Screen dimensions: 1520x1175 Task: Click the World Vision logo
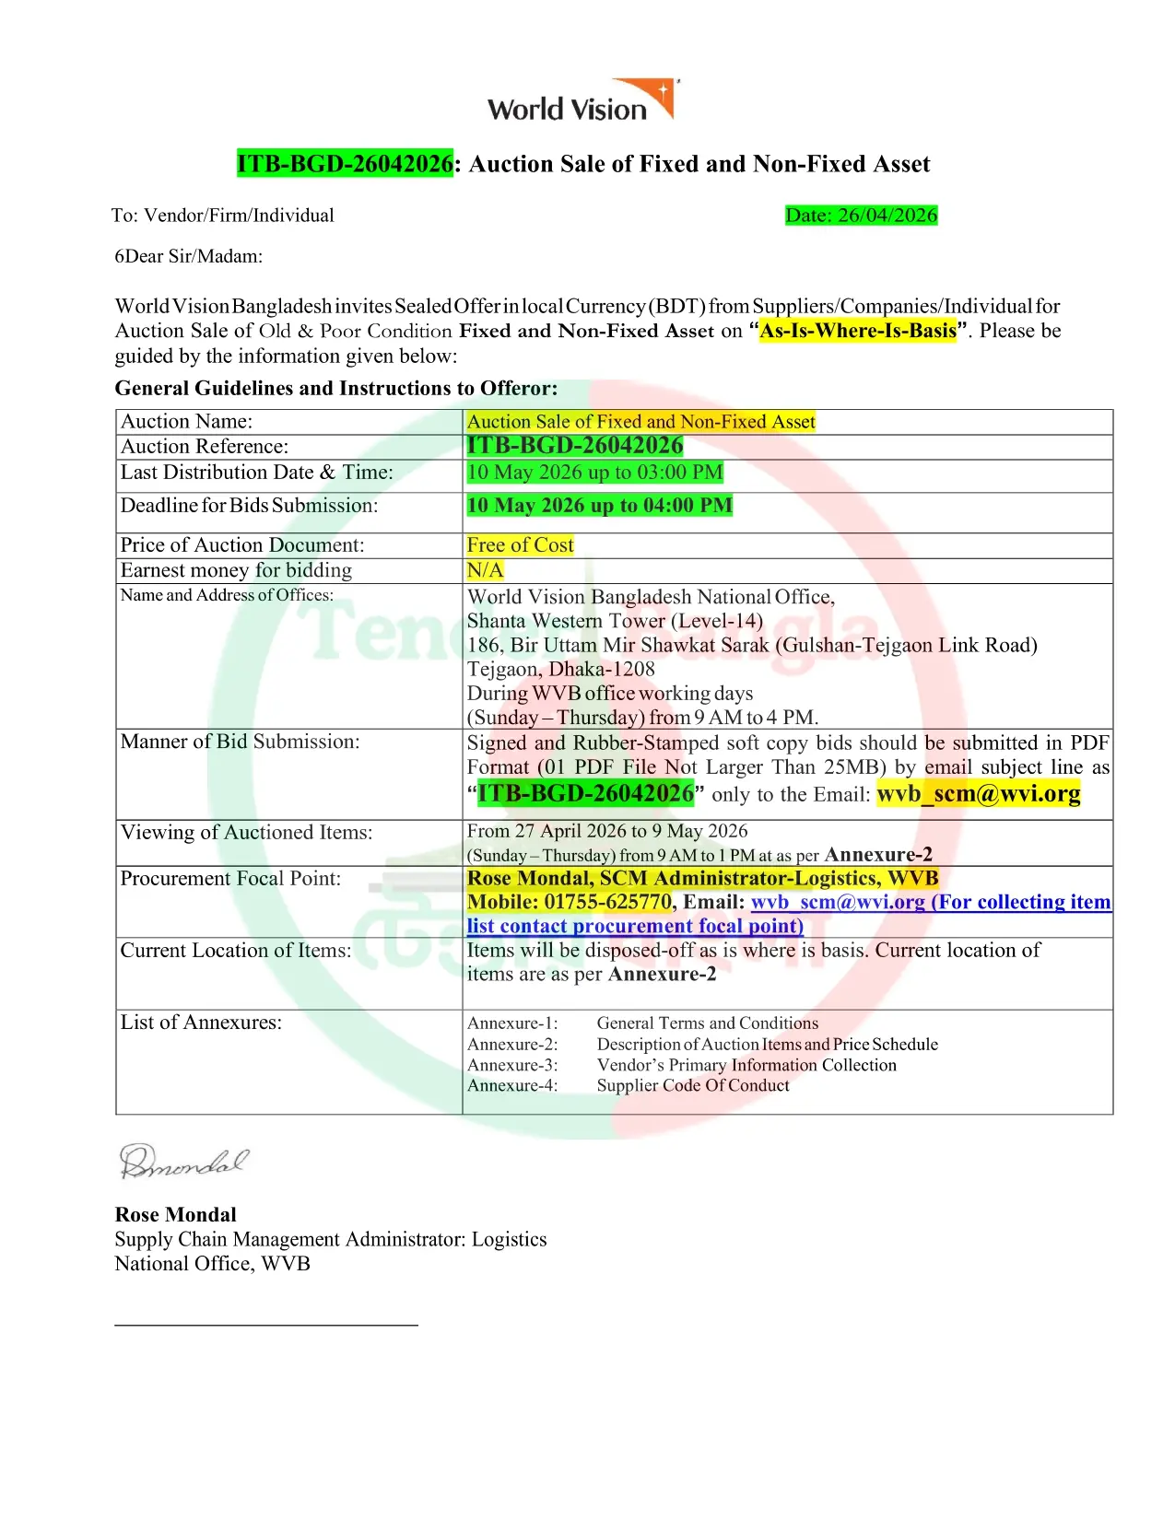click(582, 101)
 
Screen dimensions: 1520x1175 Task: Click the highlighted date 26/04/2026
click(861, 216)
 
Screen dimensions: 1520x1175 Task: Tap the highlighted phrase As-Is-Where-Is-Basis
click(857, 331)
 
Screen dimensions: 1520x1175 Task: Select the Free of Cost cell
click(520, 545)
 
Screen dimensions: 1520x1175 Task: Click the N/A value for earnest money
click(485, 570)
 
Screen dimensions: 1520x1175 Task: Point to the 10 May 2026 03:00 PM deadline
click(594, 473)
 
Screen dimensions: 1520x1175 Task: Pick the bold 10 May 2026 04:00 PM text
click(599, 506)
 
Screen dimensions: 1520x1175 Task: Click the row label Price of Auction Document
click(242, 545)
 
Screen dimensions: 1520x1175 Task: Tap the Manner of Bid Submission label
click(240, 742)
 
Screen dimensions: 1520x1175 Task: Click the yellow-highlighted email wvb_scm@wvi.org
click(978, 794)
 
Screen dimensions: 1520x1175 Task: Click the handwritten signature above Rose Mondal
click(182, 1162)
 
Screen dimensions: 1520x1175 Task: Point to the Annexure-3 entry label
click(512, 1065)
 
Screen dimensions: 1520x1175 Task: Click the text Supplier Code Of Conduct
click(693, 1085)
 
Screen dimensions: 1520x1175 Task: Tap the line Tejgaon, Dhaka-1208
click(560, 670)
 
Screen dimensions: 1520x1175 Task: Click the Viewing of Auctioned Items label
click(246, 833)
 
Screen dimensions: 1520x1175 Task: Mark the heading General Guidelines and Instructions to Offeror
click(335, 388)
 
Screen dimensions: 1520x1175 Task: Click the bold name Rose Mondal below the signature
click(175, 1214)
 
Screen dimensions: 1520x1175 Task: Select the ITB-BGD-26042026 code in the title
click(345, 164)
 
